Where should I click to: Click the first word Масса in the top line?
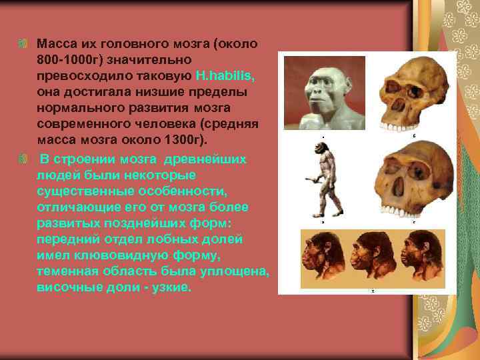click(x=56, y=44)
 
